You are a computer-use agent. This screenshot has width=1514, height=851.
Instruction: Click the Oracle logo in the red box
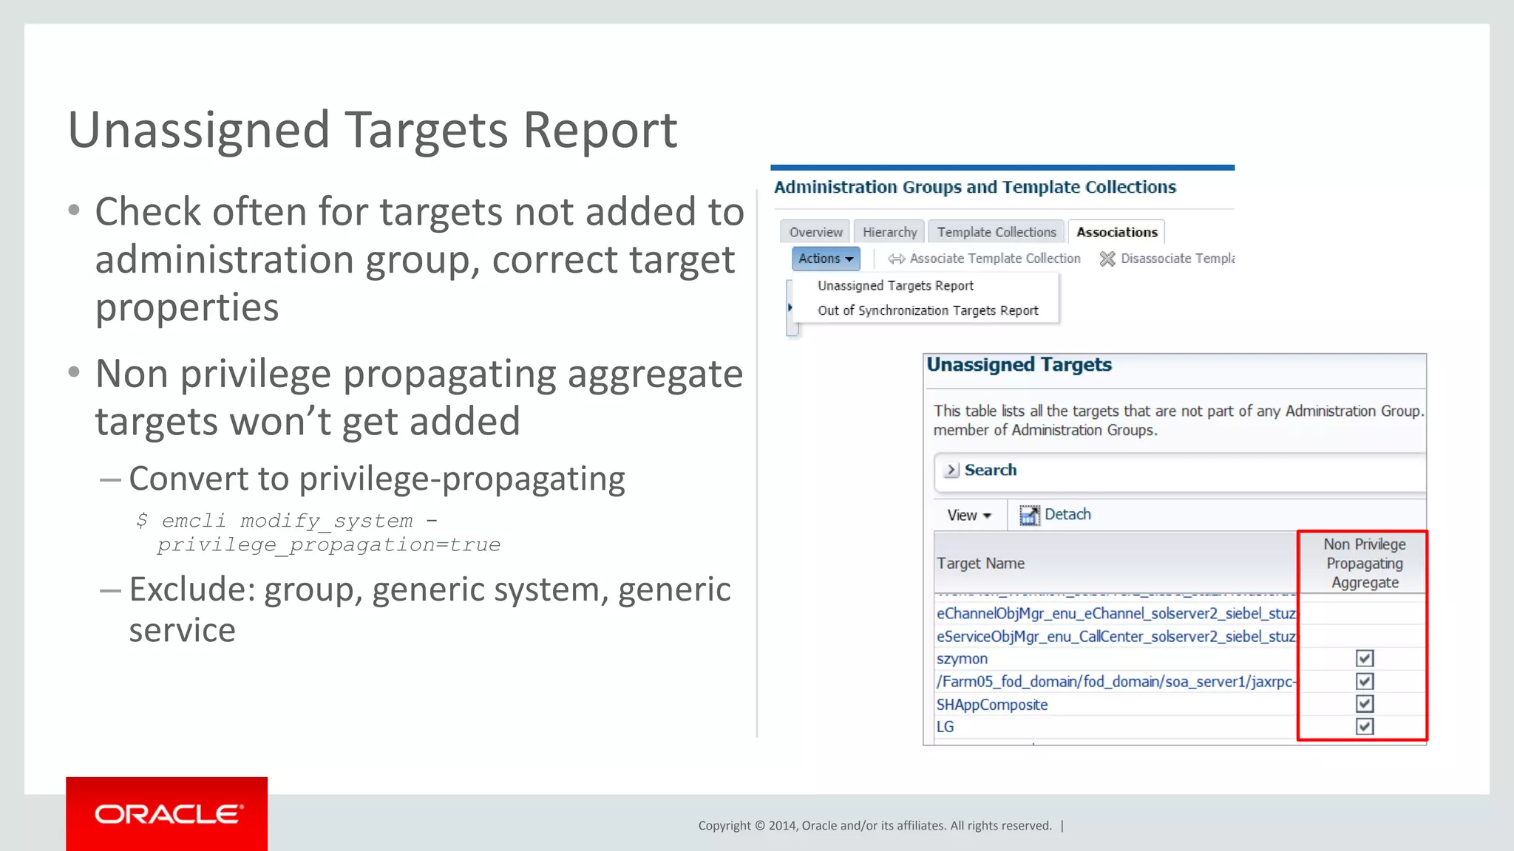pos(168,814)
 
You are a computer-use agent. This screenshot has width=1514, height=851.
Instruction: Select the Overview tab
pos(815,232)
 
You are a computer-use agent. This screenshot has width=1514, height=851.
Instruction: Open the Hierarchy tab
pos(889,232)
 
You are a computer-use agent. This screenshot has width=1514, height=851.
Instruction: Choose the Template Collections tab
pos(997,232)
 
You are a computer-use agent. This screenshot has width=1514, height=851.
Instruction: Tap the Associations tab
pos(1116,232)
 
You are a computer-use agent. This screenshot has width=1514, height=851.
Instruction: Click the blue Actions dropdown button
pos(826,259)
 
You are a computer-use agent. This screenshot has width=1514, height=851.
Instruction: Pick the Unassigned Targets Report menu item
pos(895,286)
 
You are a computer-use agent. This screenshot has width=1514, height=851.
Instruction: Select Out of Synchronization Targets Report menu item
pos(928,311)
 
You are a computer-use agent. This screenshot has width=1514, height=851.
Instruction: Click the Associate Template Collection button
pos(985,259)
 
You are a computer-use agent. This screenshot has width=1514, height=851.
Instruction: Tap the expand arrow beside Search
pos(951,470)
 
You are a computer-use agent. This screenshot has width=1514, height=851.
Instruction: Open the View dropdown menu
pos(969,515)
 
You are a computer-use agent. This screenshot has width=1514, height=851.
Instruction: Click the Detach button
pos(1056,515)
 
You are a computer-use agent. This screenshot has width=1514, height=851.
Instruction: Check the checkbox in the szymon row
pos(1365,658)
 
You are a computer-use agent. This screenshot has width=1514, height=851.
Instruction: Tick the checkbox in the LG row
pos(1365,726)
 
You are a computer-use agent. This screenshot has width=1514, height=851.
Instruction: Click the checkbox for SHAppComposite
pos(1365,703)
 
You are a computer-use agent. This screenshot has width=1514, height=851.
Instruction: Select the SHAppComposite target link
pos(992,705)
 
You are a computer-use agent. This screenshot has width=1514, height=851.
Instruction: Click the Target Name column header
pos(980,564)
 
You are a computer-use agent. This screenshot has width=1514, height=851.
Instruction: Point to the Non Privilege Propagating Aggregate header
pos(1364,564)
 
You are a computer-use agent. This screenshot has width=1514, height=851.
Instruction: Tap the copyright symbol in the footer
pos(760,826)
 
